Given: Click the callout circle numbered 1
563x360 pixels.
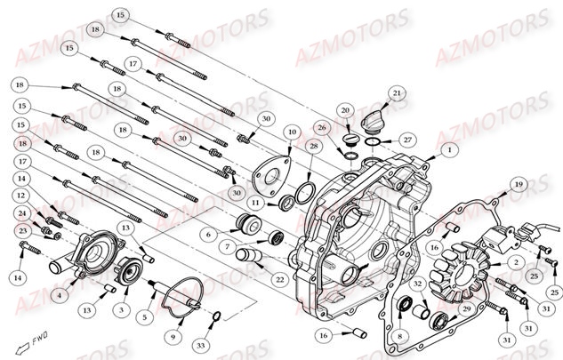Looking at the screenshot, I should [450, 151].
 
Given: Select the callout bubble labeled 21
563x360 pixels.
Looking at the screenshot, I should [397, 93].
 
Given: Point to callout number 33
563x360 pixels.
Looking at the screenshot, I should [201, 343].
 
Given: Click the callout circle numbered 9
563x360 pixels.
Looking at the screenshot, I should [173, 337].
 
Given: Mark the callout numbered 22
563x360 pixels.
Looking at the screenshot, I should [279, 280].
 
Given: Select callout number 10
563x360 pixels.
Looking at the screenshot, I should [291, 132].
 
